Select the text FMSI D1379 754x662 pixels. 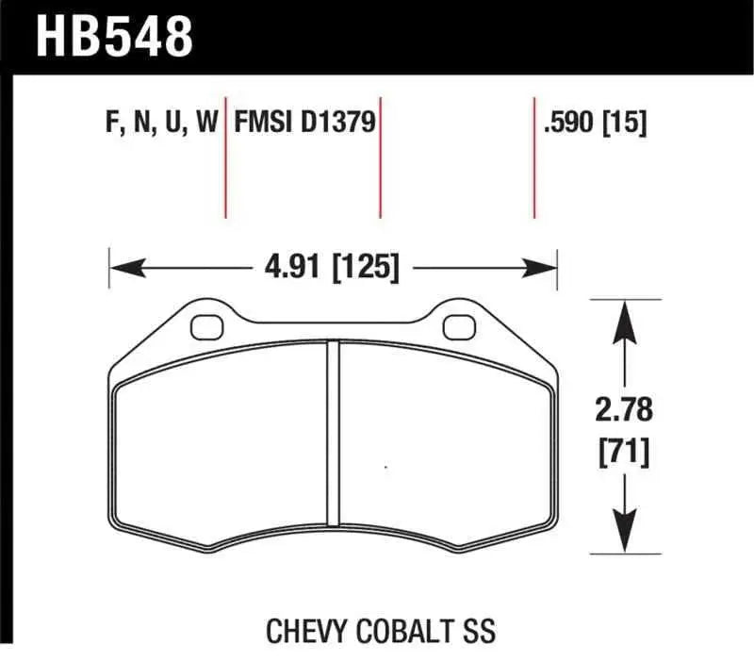(305, 123)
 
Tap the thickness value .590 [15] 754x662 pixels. (595, 123)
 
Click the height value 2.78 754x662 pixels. (623, 412)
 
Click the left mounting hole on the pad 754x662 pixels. (204, 326)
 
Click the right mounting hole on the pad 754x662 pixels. (458, 326)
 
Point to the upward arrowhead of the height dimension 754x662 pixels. (623, 316)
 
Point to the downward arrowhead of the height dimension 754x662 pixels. (623, 538)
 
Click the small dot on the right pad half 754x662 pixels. (385, 466)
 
